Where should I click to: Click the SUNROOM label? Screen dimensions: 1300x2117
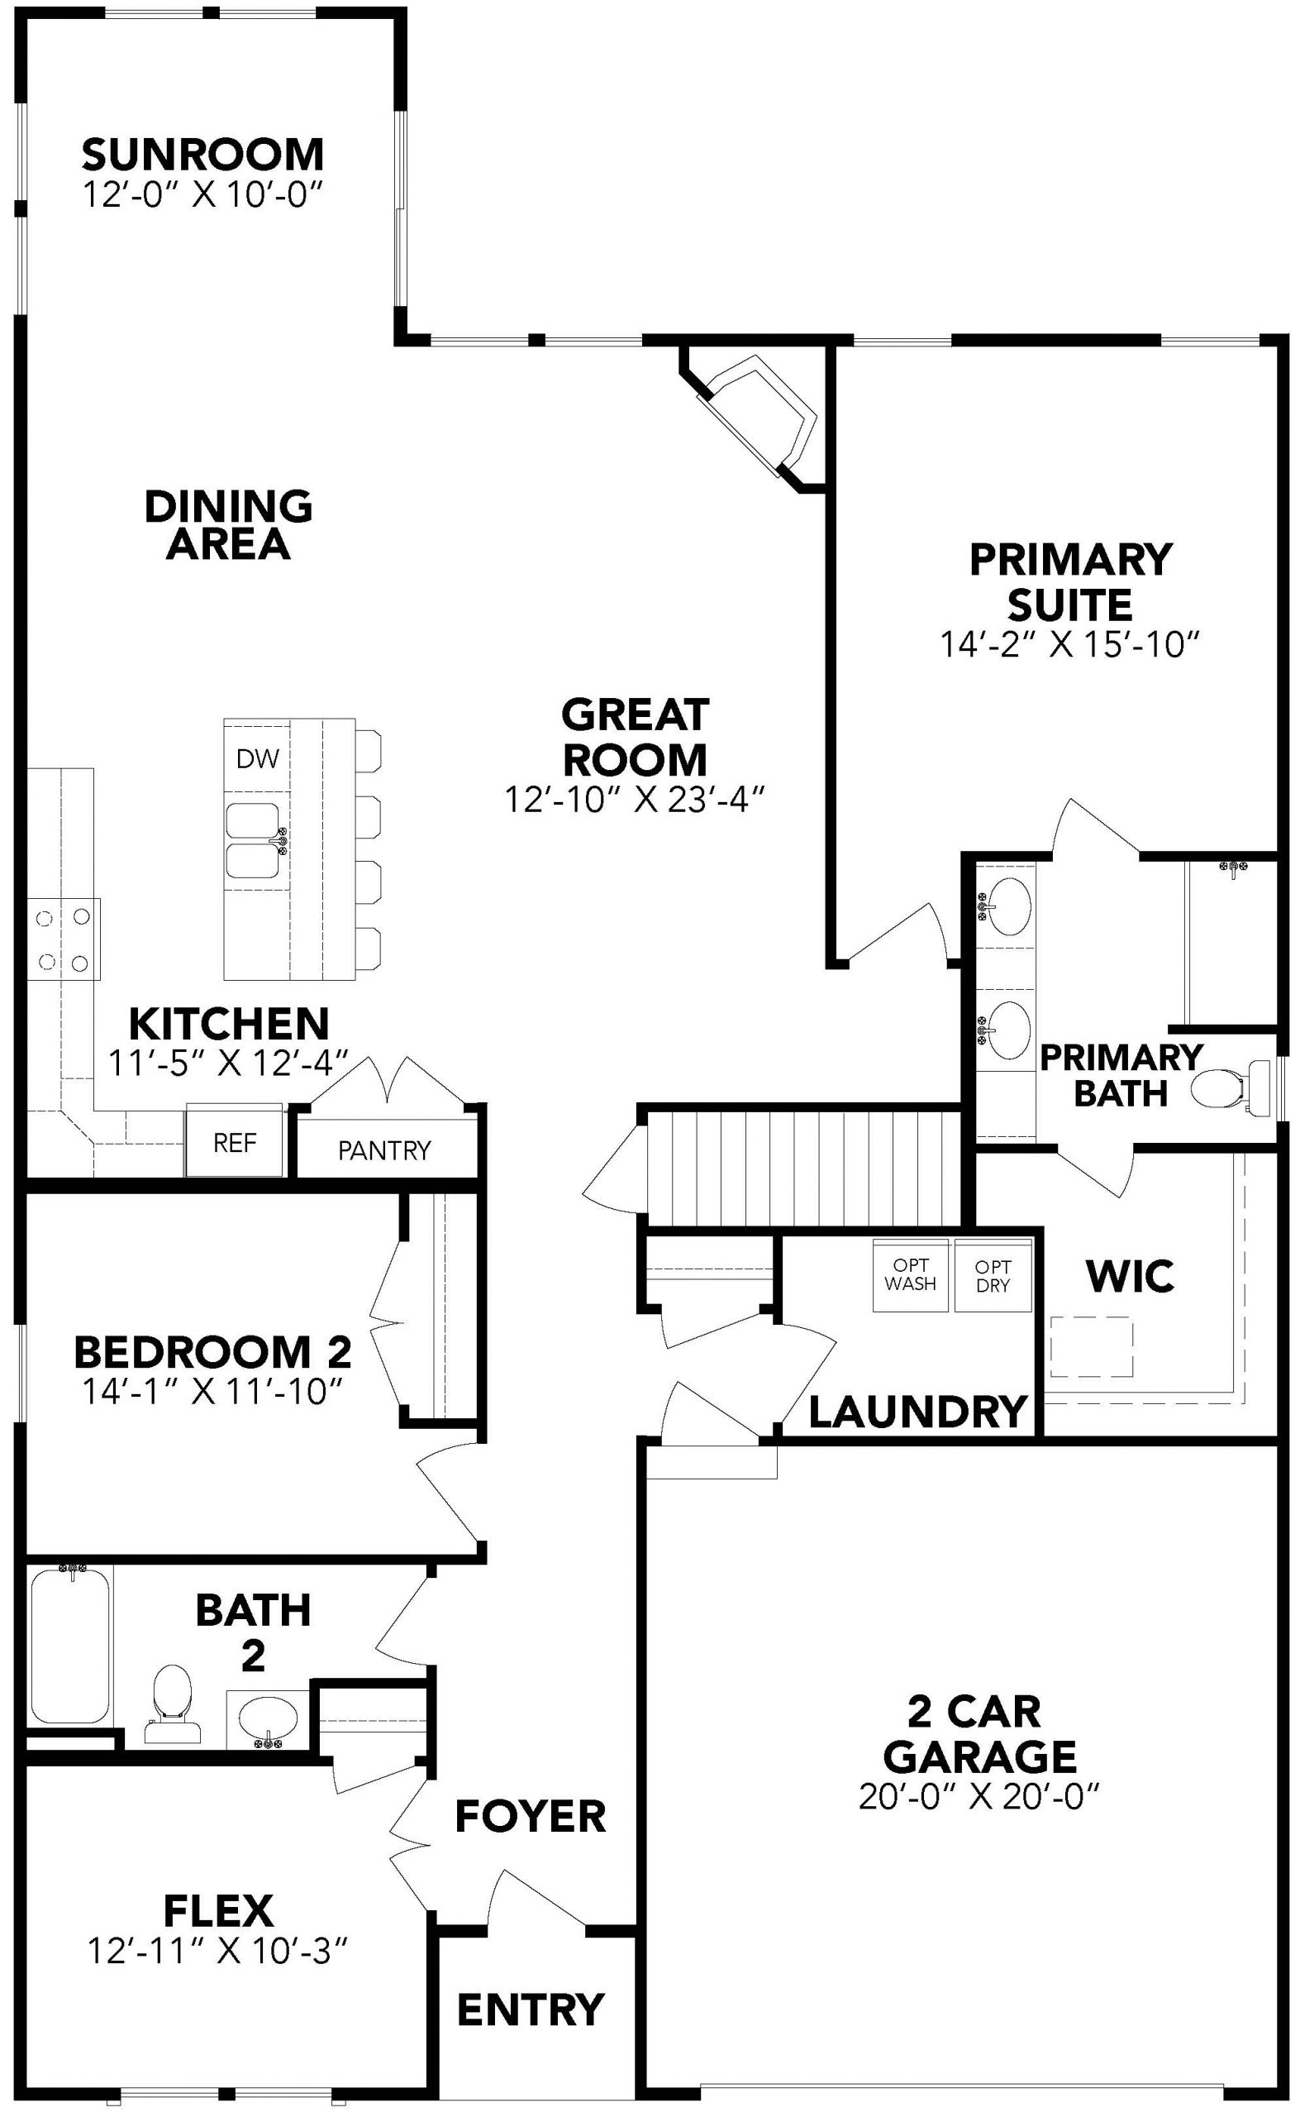203,154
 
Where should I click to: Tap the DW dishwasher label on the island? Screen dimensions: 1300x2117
258,757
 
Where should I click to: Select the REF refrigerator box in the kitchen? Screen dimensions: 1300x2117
235,1140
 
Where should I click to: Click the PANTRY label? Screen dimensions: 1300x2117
383,1150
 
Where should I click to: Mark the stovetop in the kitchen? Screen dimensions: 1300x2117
64,939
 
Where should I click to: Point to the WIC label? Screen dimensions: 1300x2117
1130,1276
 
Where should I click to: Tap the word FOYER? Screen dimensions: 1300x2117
531,1816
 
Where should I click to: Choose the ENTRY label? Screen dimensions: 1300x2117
531,2009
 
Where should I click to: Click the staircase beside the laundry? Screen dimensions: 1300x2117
803,1168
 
